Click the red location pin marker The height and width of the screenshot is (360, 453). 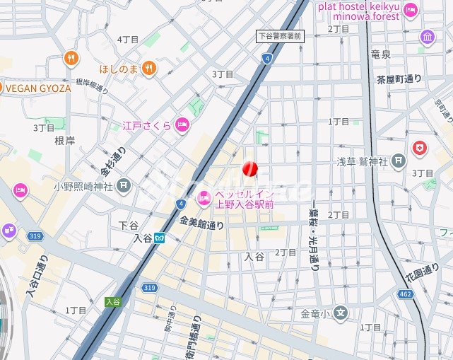(250, 169)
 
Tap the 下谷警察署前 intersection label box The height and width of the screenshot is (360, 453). (280, 35)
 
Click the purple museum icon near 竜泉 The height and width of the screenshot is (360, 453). (427, 37)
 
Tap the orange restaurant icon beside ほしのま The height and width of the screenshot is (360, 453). (148, 68)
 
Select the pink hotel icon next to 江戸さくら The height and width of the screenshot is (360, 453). (182, 125)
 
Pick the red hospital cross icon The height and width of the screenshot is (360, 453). (420, 149)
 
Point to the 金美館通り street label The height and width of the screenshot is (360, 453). (201, 225)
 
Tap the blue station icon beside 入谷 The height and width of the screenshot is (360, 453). (160, 238)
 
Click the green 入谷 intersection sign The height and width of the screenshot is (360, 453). (112, 301)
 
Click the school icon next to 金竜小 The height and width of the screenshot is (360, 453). (341, 313)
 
